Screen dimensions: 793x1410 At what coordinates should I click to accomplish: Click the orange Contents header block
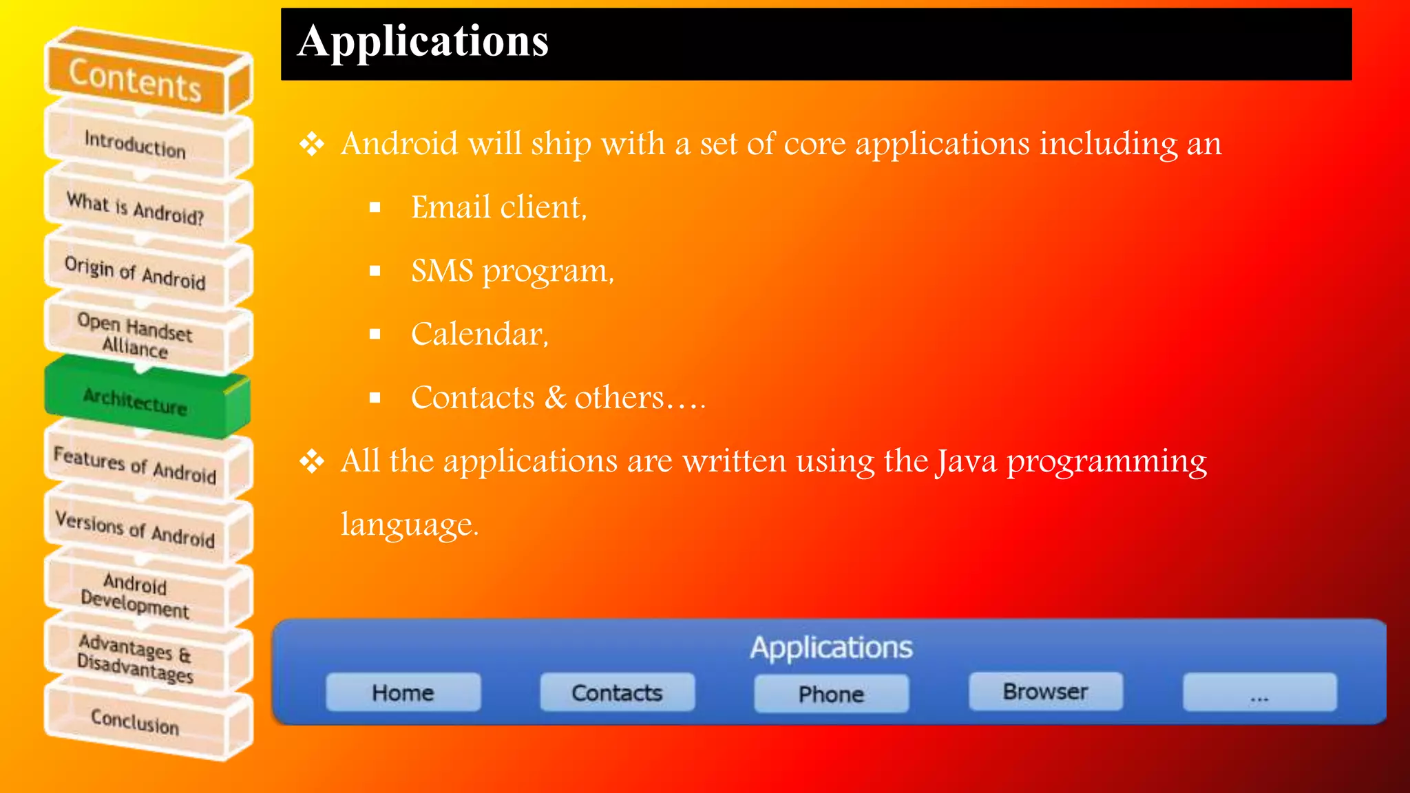pyautogui.click(x=136, y=80)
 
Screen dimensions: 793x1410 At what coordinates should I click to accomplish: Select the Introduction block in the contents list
pyautogui.click(x=136, y=144)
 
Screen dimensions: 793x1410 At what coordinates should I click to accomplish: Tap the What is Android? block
pyautogui.click(x=136, y=208)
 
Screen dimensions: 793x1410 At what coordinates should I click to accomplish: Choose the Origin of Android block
pyautogui.click(x=136, y=273)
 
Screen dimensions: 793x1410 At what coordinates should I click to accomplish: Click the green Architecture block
pyautogui.click(x=136, y=400)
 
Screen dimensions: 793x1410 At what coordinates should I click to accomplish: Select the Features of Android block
pyautogui.click(x=136, y=465)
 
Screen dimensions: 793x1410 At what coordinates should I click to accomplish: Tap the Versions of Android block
pyautogui.click(x=136, y=529)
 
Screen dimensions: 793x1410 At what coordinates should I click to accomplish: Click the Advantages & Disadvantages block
pyautogui.click(x=136, y=657)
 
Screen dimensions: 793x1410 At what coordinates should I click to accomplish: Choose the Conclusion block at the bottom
pyautogui.click(x=136, y=721)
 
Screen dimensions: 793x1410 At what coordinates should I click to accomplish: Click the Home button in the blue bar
pyautogui.click(x=403, y=692)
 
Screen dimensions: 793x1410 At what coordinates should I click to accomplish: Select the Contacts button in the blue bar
pyautogui.click(x=617, y=692)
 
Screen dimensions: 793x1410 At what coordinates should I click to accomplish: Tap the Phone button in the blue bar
pyautogui.click(x=831, y=694)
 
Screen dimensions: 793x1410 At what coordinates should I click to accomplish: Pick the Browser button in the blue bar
pyautogui.click(x=1045, y=691)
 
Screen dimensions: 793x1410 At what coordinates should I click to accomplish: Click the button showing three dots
pyautogui.click(x=1259, y=692)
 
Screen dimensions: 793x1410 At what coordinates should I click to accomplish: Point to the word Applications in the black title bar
pyautogui.click(x=423, y=41)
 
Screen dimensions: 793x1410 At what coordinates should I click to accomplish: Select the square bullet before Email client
pyautogui.click(x=375, y=207)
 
